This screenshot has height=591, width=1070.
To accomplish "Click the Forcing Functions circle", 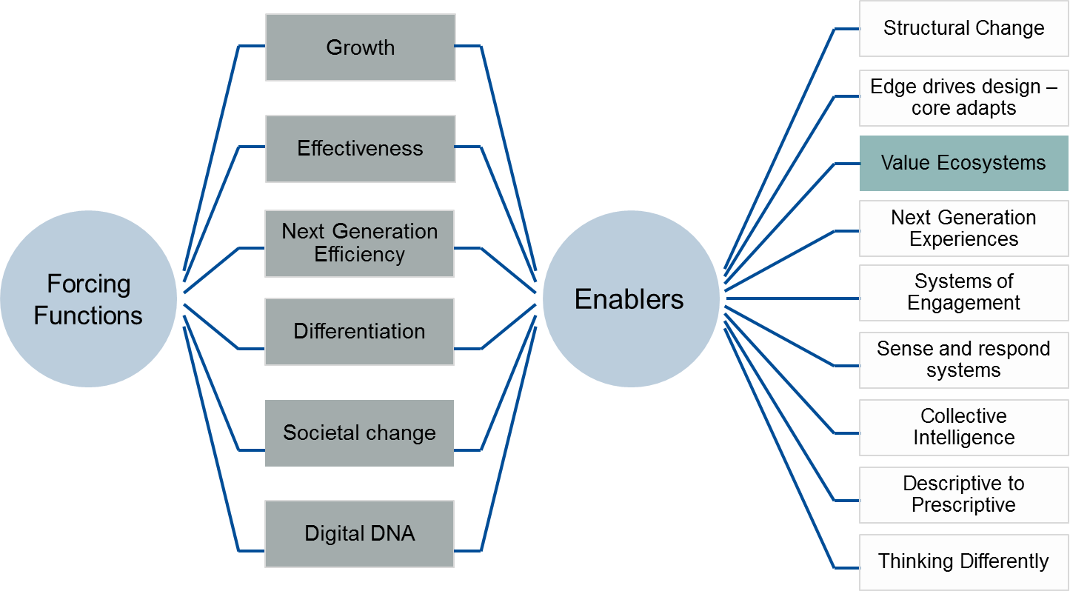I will (88, 299).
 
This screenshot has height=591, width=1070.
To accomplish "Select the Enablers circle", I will (630, 299).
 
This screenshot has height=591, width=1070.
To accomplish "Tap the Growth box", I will (360, 47).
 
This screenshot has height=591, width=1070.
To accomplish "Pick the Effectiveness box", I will (360, 149).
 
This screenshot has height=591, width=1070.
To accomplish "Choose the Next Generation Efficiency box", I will (360, 243).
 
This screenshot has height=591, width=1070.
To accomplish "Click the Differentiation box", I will (360, 331).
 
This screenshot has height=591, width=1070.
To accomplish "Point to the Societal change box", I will (360, 433).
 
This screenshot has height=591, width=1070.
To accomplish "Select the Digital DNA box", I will (360, 534).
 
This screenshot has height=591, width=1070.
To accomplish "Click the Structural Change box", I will (963, 29).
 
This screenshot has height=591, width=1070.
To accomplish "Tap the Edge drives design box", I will (963, 98).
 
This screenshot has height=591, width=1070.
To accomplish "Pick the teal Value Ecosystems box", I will (963, 163).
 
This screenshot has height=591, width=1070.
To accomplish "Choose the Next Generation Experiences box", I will (963, 228).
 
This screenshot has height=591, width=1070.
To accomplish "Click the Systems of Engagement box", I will (963, 293).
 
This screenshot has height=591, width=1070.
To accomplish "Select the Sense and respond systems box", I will (963, 360).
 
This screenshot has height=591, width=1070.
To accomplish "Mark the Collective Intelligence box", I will (963, 427).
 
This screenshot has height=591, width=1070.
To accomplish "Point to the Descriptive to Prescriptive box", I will (963, 495).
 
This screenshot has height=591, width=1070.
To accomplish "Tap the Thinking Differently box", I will (963, 561).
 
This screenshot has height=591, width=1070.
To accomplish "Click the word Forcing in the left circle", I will (88, 284).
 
